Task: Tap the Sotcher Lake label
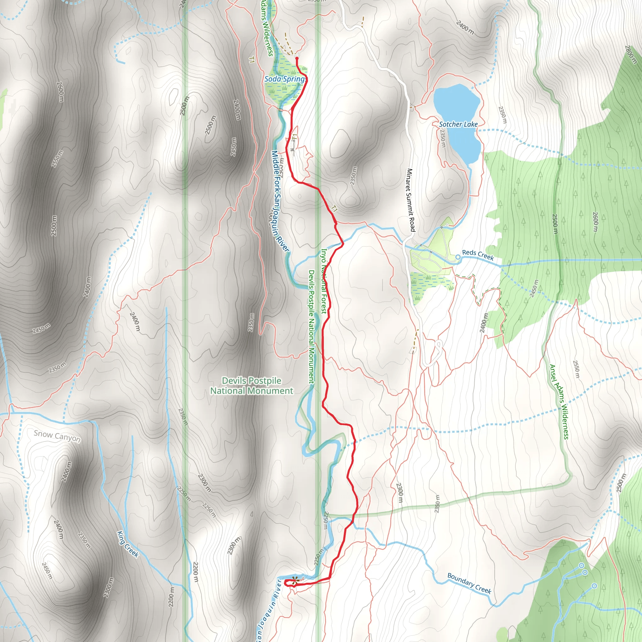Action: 458,124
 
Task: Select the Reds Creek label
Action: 478,255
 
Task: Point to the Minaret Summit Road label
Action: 411,200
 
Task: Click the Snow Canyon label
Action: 57,436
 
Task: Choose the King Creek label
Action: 128,544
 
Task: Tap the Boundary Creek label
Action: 469,583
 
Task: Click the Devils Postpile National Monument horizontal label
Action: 251,386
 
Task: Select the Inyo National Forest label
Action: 323,281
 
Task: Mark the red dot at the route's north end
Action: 297,59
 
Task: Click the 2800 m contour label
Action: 630,55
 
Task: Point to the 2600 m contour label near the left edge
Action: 60,92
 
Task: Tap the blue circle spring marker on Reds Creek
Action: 458,257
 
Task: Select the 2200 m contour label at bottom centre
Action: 196,571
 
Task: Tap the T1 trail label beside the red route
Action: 334,209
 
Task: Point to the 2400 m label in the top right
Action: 465,28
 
